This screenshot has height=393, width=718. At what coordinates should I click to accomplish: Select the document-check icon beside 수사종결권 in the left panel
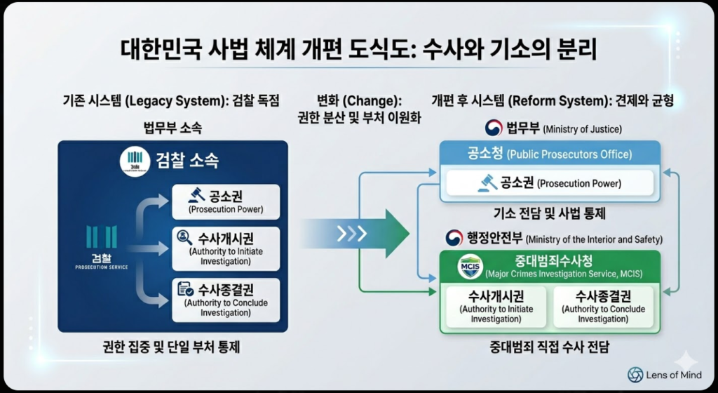[x=186, y=288]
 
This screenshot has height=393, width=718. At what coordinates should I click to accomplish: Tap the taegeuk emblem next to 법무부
[x=494, y=128]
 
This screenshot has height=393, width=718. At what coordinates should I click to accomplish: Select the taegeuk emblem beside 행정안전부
[x=456, y=238]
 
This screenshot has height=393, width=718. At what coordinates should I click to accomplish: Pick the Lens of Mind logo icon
[x=635, y=375]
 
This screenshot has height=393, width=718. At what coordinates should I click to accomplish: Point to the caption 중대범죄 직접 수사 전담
[x=550, y=347]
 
